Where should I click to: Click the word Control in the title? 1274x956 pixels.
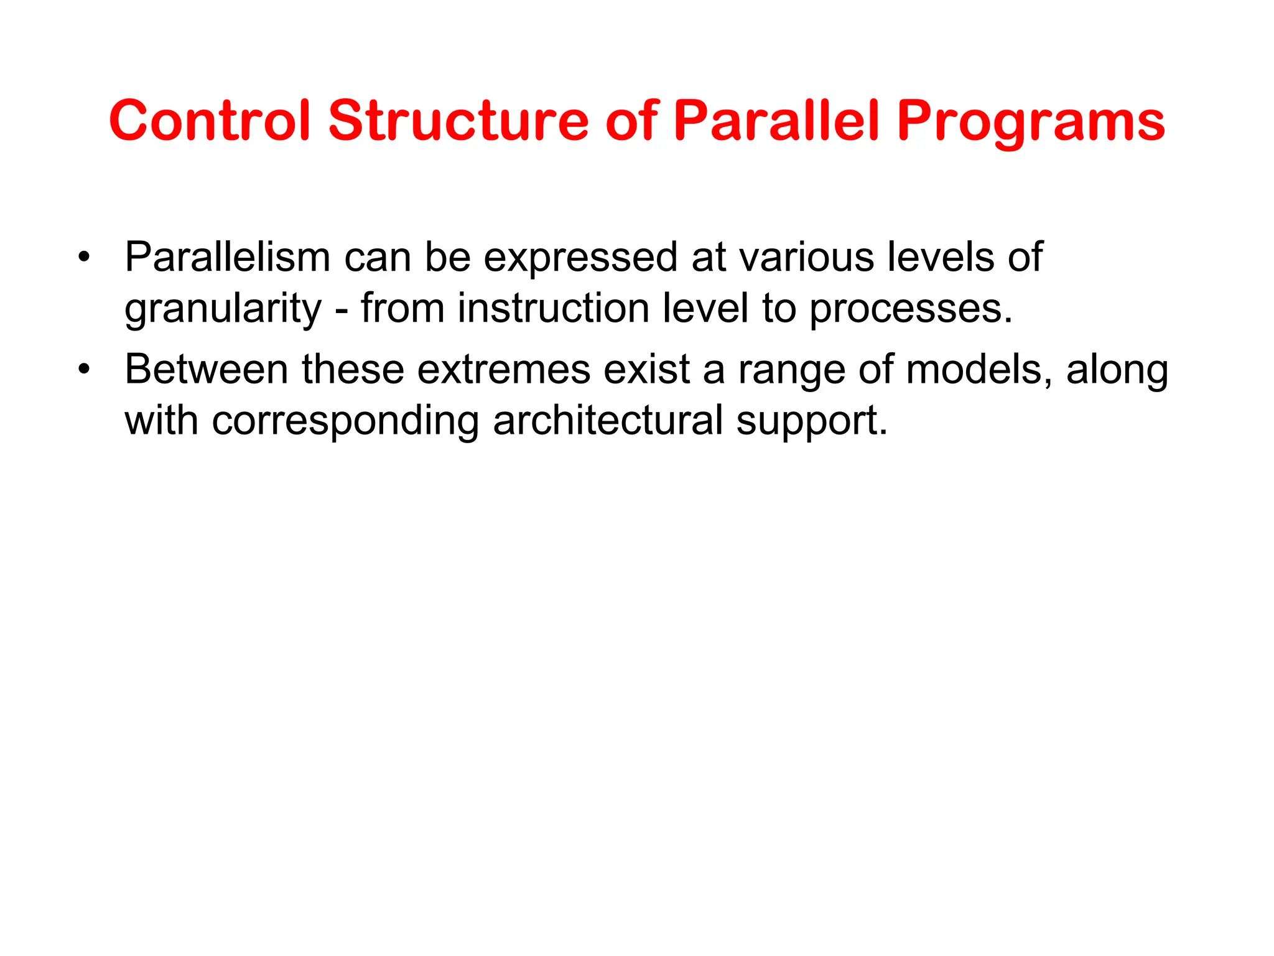(209, 121)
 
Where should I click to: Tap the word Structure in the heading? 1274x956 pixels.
(458, 121)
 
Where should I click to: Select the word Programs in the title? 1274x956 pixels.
(1031, 122)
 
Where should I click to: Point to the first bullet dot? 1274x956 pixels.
(84, 257)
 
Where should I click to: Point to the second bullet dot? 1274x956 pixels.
(84, 370)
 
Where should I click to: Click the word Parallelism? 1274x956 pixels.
(227, 257)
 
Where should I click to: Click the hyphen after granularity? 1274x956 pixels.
(342, 309)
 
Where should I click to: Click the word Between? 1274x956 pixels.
(206, 370)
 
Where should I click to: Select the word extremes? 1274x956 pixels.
(503, 370)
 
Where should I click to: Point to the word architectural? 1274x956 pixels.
(608, 421)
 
